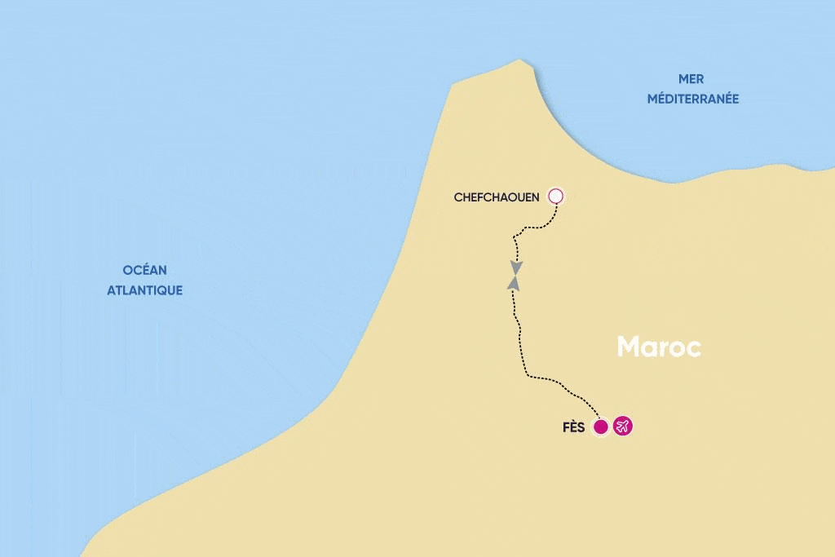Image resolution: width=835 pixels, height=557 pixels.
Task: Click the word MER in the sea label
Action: pyautogui.click(x=691, y=79)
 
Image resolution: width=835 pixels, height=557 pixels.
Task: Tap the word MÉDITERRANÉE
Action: pyautogui.click(x=692, y=99)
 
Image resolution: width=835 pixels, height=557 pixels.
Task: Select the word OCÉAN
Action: pyautogui.click(x=144, y=270)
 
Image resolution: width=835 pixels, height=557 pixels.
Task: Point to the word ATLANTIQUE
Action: pyautogui.click(x=144, y=290)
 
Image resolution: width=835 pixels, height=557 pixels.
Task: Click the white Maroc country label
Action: pyautogui.click(x=659, y=347)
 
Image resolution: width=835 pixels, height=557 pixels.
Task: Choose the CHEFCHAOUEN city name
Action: pyautogui.click(x=497, y=197)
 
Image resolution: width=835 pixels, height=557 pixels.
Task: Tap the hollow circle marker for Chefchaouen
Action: pyautogui.click(x=556, y=196)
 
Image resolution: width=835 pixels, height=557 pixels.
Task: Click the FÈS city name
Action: pyautogui.click(x=573, y=427)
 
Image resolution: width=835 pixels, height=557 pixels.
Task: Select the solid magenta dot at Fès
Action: pyautogui.click(x=601, y=427)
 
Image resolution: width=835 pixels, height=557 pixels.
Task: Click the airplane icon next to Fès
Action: pyautogui.click(x=623, y=427)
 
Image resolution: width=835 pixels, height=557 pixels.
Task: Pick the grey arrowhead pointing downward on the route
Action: pyautogui.click(x=515, y=267)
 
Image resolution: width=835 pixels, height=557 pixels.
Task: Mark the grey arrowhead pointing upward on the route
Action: pyautogui.click(x=513, y=282)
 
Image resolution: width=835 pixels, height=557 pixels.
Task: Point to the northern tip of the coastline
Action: pyautogui.click(x=519, y=60)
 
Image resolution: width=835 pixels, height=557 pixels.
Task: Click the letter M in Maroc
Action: pyautogui.click(x=630, y=347)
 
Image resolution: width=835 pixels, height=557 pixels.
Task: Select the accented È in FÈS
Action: pyautogui.click(x=573, y=427)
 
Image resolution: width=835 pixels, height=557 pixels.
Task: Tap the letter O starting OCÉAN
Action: pyautogui.click(x=127, y=270)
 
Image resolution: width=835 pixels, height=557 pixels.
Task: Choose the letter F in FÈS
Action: pyautogui.click(x=565, y=427)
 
